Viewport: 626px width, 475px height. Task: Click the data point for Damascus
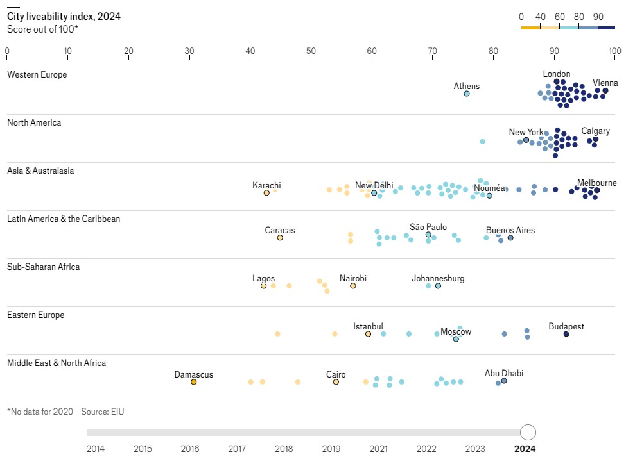click(x=193, y=382)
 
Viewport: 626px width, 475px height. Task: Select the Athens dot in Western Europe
click(x=467, y=94)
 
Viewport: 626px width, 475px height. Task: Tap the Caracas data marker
click(x=280, y=238)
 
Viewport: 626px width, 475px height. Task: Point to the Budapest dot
click(x=566, y=334)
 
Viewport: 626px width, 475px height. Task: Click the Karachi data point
click(x=266, y=192)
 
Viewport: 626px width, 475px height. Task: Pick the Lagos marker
click(x=263, y=286)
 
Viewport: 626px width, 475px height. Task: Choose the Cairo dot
click(x=336, y=382)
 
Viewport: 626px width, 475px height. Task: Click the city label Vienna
click(x=605, y=83)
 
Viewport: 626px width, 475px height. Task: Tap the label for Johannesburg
click(x=438, y=279)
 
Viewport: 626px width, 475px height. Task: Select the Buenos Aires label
click(x=510, y=231)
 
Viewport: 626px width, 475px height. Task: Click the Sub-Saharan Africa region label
click(x=43, y=267)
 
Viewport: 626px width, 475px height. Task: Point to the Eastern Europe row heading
click(x=36, y=315)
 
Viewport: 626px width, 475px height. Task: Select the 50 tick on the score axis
click(x=311, y=51)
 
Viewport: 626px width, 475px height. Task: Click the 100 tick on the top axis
click(x=614, y=51)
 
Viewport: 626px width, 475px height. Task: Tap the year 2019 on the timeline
click(x=331, y=449)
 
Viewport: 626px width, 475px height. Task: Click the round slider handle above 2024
click(x=528, y=432)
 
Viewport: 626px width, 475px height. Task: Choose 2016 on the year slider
click(x=190, y=449)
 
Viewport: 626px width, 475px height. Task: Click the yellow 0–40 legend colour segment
click(x=530, y=28)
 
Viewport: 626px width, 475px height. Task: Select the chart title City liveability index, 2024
click(x=64, y=17)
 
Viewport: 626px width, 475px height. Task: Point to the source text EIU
click(x=117, y=412)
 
